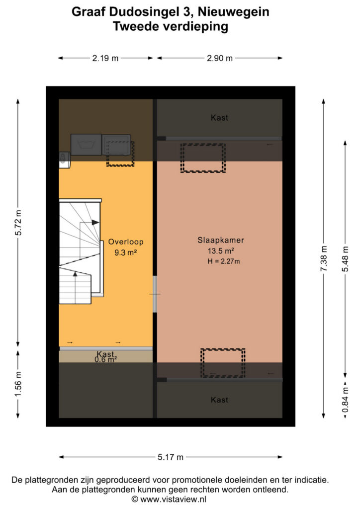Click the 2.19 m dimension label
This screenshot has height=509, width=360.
105,58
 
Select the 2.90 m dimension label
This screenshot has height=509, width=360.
220,58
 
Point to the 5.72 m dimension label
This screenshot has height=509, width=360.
18,222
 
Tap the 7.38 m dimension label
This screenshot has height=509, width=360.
324,258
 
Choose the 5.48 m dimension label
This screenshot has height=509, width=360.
346,258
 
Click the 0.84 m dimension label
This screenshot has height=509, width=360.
346,400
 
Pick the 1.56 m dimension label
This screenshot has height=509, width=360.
18,384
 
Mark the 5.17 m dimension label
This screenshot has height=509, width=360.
171,457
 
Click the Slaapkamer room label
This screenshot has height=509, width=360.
221,240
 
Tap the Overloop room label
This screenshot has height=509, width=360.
126,242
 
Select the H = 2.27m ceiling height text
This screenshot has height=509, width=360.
224,261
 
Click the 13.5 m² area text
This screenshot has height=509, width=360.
221,251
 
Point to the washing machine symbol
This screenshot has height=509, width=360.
86,145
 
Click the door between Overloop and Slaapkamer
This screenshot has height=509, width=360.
155,294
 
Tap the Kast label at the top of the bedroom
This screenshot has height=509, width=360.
219,117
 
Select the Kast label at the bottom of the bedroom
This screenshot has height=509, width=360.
219,400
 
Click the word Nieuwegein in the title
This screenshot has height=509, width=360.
233,12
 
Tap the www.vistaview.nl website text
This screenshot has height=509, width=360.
174,499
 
